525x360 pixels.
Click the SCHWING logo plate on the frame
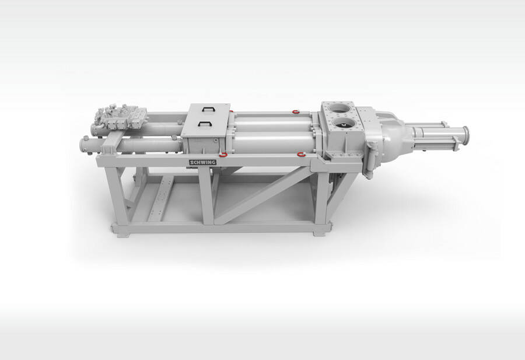point(202,162)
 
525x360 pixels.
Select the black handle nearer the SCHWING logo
point(205,123)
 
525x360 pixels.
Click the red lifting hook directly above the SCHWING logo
point(223,155)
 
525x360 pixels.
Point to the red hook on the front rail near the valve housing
point(302,154)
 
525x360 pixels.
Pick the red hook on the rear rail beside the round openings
point(295,111)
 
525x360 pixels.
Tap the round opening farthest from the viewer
point(340,108)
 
